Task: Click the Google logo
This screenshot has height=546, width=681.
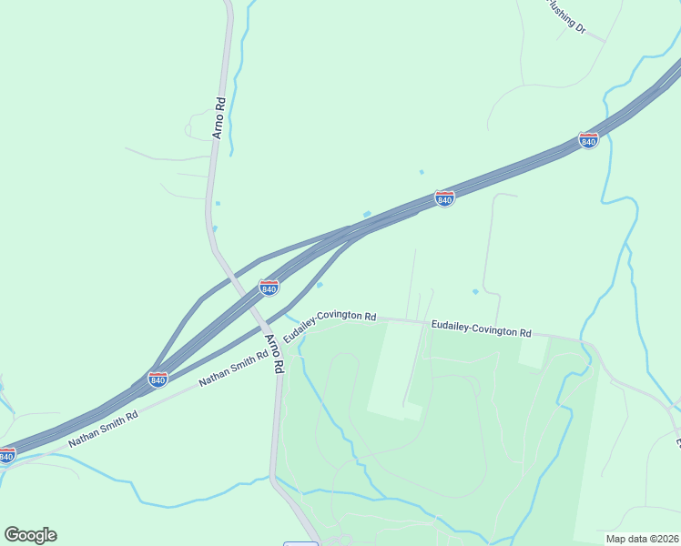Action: click(x=30, y=535)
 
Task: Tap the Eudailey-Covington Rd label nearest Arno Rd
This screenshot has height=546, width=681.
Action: click(x=330, y=325)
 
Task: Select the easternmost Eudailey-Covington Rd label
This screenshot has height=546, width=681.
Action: click(x=481, y=328)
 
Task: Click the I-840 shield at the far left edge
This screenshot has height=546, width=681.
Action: click(x=6, y=454)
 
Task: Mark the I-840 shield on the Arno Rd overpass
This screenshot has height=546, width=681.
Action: click(x=269, y=288)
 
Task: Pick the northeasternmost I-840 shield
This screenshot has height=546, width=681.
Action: click(x=588, y=141)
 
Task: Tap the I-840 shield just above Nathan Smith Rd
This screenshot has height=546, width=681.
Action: click(x=158, y=379)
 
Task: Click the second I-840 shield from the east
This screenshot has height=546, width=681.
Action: click(x=444, y=198)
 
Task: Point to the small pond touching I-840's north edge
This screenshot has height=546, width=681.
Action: click(x=367, y=215)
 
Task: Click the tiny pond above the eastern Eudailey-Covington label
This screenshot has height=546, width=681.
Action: click(x=475, y=291)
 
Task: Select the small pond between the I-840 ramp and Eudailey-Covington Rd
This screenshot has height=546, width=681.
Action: click(x=320, y=285)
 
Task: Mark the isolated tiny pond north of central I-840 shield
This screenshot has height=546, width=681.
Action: click(x=421, y=171)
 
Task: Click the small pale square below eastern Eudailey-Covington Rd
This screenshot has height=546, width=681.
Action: click(x=534, y=352)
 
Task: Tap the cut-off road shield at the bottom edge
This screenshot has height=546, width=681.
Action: click(x=300, y=543)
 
